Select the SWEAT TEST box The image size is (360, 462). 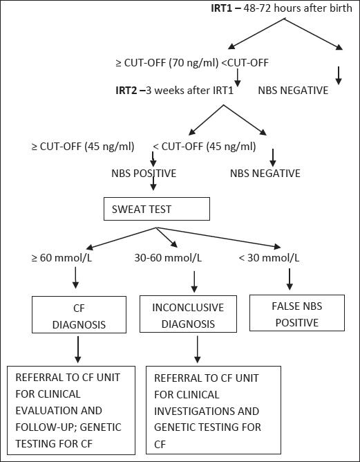pos(155,208)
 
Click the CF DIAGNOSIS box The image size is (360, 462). pos(78,315)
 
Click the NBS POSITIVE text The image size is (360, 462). pos(143,173)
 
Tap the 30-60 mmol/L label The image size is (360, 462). pos(169,258)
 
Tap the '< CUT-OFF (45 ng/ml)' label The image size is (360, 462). pos(204,146)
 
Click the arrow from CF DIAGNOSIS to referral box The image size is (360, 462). pos(78,349)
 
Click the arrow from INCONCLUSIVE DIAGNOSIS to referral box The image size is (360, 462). pos(198,349)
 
